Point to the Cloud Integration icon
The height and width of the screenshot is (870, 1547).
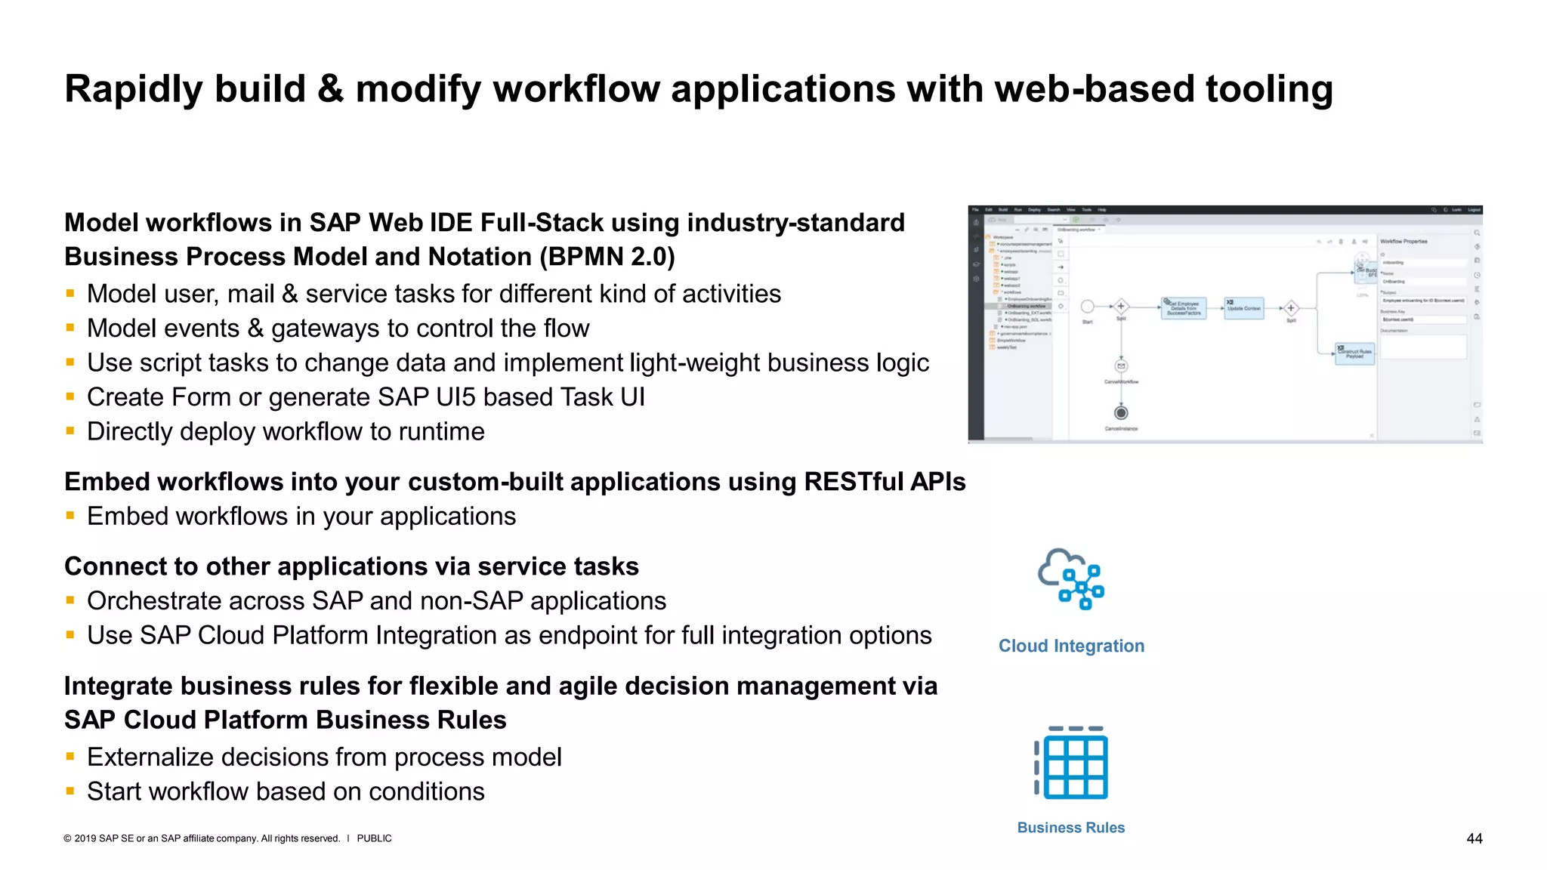tap(1071, 579)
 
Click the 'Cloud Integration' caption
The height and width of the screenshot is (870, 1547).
tap(1071, 646)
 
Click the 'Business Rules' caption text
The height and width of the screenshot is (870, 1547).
tap(1070, 828)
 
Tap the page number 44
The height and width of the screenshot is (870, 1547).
tap(1474, 838)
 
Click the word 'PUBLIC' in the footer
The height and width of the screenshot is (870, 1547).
tap(374, 838)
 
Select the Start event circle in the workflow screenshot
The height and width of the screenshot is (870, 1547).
tap(1087, 307)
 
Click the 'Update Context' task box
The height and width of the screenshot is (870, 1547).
tap(1243, 308)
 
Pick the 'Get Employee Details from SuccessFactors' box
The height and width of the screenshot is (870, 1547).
tap(1184, 308)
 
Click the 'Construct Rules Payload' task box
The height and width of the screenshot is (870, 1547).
tap(1354, 353)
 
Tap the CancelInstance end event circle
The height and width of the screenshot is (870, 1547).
tap(1121, 412)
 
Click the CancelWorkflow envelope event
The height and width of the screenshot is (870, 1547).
tap(1121, 366)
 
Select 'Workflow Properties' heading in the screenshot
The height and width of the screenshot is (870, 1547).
tap(1403, 242)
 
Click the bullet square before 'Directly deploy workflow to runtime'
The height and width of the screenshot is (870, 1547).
tap(70, 431)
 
